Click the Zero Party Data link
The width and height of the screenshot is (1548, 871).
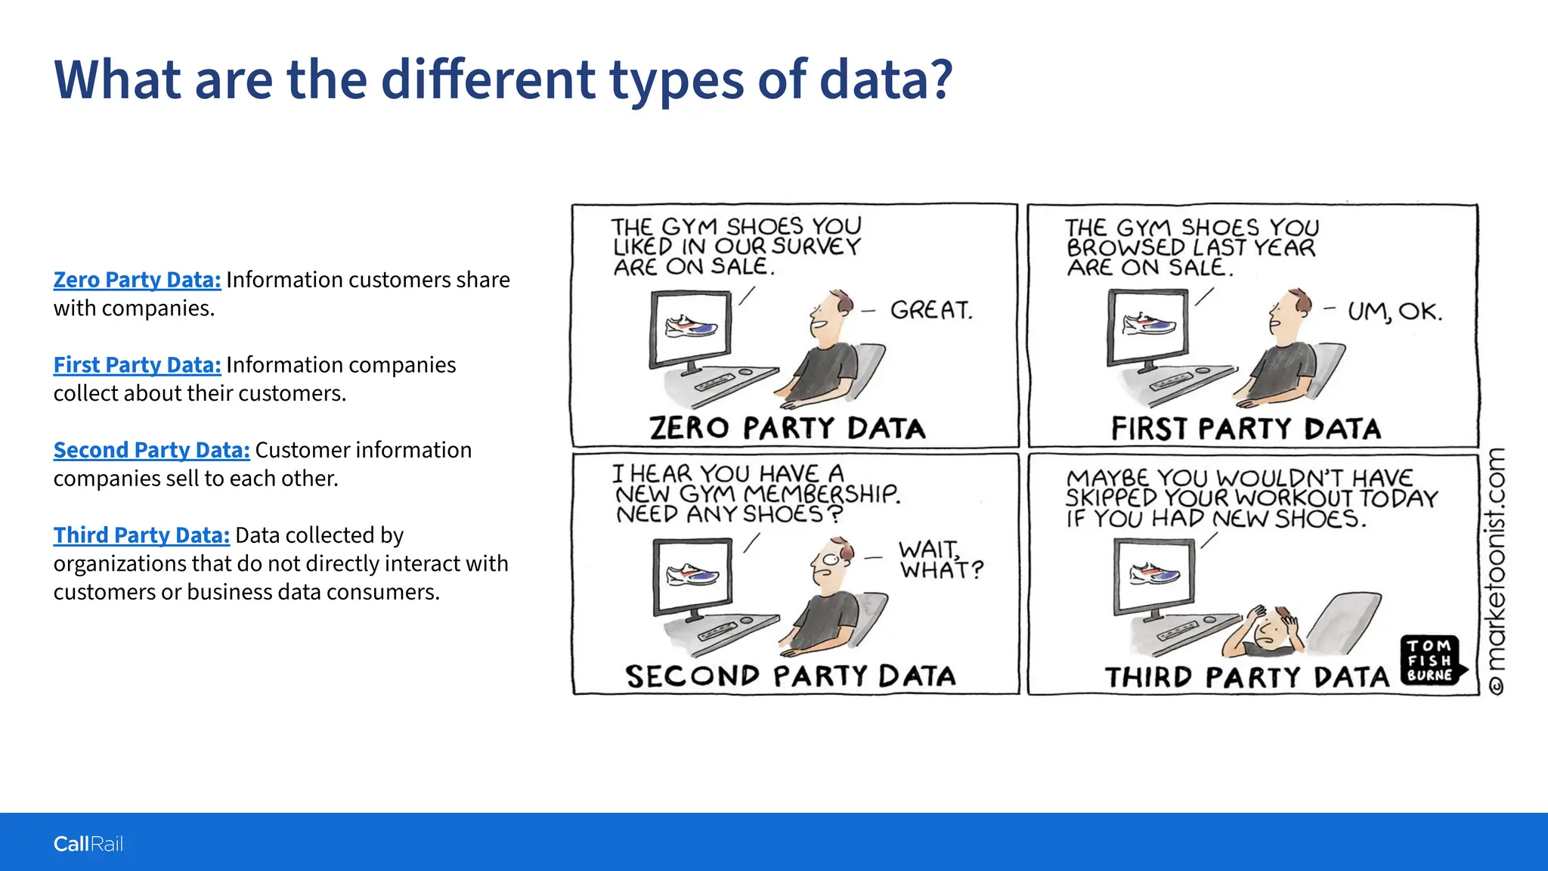(x=137, y=280)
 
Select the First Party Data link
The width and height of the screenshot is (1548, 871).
(x=137, y=365)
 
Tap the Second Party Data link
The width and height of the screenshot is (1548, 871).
(x=151, y=451)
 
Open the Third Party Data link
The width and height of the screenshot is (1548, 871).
(x=141, y=535)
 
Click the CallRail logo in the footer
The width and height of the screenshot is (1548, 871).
(x=88, y=844)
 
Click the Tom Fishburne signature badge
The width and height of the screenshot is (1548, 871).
(x=1431, y=660)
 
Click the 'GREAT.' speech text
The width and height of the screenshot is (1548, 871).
(x=931, y=310)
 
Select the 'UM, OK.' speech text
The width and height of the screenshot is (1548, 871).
(x=1395, y=312)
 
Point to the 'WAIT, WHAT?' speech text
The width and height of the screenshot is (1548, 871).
(x=940, y=559)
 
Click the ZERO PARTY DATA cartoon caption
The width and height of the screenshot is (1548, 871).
(x=788, y=428)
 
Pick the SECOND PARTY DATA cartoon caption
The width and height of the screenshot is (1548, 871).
(x=791, y=676)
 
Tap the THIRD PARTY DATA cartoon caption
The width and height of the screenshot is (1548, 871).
(x=1247, y=677)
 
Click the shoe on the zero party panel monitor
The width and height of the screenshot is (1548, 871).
(x=691, y=327)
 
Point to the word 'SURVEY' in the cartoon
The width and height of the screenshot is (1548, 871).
(x=816, y=246)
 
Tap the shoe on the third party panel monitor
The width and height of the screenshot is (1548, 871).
(x=1154, y=574)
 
